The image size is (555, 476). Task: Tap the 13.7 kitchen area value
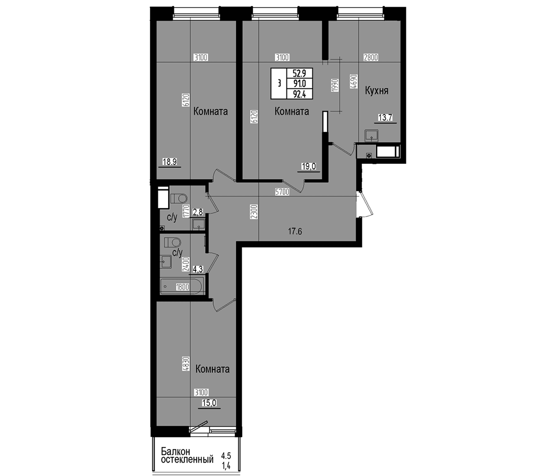click(x=385, y=118)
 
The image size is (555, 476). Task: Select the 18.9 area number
click(x=169, y=162)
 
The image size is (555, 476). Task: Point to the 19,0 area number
click(x=309, y=167)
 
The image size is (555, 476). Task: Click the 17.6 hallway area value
click(x=295, y=231)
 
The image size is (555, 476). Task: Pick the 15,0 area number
click(x=209, y=403)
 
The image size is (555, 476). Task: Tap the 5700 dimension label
click(x=282, y=192)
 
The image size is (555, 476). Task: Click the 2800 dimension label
click(x=371, y=58)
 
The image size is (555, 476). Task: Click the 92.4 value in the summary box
click(x=299, y=94)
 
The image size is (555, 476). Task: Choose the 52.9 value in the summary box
click(x=299, y=73)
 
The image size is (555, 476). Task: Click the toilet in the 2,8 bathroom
click(x=178, y=198)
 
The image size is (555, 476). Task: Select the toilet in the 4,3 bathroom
click(x=172, y=242)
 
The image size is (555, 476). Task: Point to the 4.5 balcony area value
click(x=226, y=456)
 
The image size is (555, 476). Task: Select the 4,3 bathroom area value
click(x=198, y=270)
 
